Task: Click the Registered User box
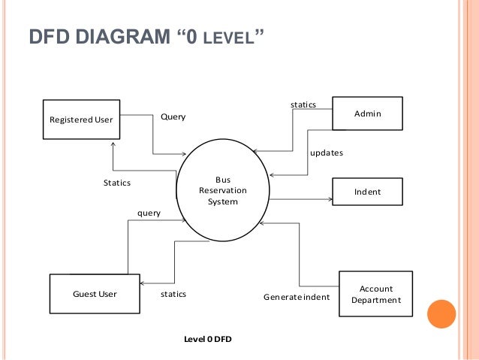[80, 119]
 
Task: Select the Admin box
[367, 113]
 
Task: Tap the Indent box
[367, 192]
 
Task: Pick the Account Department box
[375, 295]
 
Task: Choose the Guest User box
[94, 294]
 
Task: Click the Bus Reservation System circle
[222, 191]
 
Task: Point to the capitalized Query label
[173, 117]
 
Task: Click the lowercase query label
[149, 213]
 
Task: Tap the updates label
[327, 153]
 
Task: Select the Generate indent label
[297, 297]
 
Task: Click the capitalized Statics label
[116, 183]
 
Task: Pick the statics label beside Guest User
[173, 294]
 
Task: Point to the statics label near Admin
[303, 104]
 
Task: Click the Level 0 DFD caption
[208, 340]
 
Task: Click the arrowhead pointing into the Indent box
[330, 199]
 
